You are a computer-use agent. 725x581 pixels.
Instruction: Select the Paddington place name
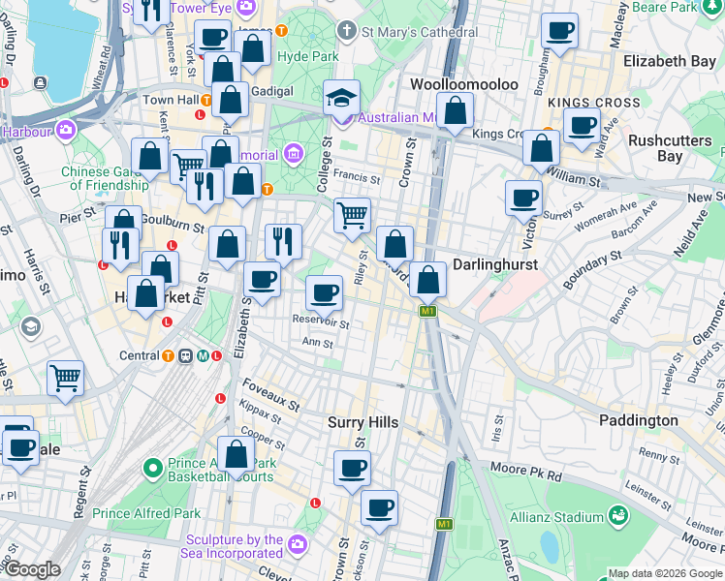point(639,420)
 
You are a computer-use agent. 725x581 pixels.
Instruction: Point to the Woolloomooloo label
point(463,84)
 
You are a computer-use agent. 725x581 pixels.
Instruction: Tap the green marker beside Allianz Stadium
point(617,515)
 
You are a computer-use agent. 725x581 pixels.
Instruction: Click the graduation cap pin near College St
point(341,98)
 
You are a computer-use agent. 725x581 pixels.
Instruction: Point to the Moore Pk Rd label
point(527,476)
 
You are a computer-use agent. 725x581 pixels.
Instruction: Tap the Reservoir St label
point(321,321)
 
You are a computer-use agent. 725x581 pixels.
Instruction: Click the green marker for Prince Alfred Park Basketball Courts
point(152,470)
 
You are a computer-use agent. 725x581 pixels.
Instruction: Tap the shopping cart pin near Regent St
point(65,378)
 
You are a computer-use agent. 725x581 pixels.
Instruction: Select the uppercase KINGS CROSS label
point(593,103)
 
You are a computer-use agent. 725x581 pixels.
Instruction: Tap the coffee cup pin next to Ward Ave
point(582,126)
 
